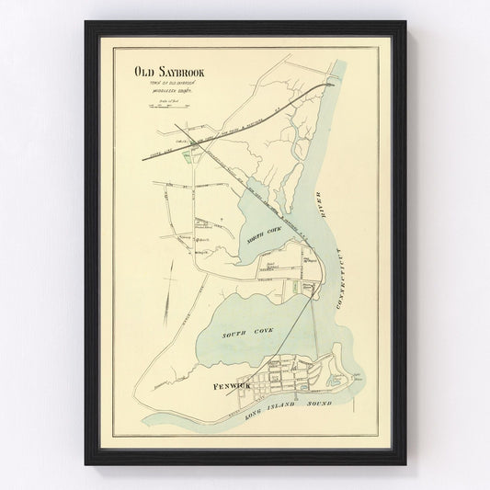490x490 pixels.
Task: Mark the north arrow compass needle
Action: pos(166,297)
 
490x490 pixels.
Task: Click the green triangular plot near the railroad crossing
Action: pos(189,156)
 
